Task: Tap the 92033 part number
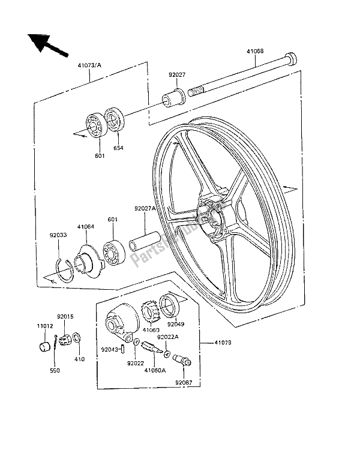(x=59, y=235)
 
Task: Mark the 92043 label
(x=110, y=349)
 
